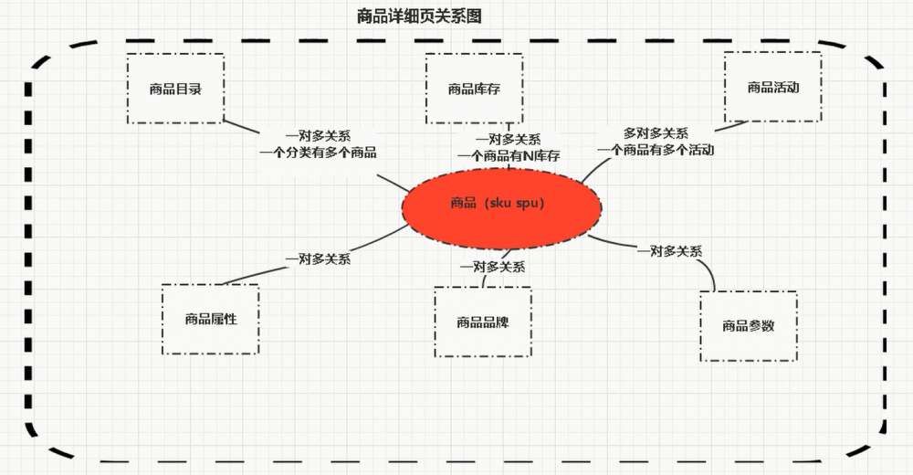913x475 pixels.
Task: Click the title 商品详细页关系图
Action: (419, 16)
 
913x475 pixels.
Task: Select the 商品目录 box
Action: (175, 89)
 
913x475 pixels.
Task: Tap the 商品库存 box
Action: (474, 89)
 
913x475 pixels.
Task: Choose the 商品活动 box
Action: (772, 88)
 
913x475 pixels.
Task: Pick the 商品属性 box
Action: (210, 319)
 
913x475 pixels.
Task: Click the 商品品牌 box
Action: (483, 322)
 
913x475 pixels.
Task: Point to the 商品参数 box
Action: (748, 325)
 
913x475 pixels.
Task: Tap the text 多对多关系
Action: (656, 133)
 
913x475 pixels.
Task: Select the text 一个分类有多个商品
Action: (318, 153)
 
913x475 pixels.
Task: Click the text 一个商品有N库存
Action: (509, 156)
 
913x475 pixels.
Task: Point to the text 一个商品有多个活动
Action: (656, 150)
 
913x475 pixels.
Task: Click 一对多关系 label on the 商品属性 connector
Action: (318, 259)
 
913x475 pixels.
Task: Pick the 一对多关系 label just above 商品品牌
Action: (492, 267)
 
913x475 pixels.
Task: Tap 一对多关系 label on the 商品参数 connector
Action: (670, 251)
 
